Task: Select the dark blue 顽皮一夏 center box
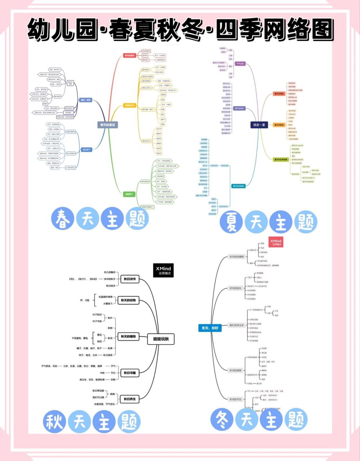pos(259,125)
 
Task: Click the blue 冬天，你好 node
pos(210,328)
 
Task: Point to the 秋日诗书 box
pos(130,279)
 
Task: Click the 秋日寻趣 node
pos(130,373)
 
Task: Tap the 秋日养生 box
pos(130,399)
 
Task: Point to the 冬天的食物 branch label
pos(236,370)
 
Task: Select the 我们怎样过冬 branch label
pos(237,325)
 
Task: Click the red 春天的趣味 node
pos(129,55)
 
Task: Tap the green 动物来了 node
pos(129,194)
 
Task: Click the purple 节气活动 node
pos(240,64)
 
